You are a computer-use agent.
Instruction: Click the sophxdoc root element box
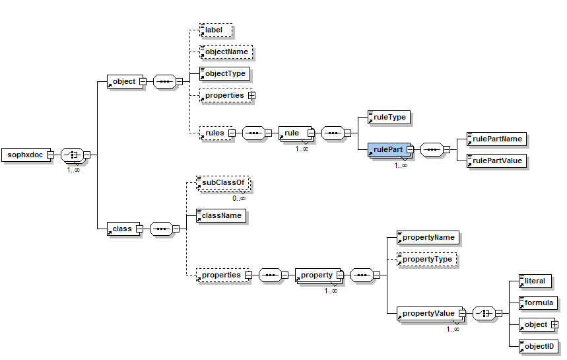click(x=25, y=155)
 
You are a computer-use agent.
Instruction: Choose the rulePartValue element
click(x=496, y=161)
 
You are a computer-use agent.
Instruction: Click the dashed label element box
click(x=215, y=30)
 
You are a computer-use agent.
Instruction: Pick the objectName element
click(x=226, y=52)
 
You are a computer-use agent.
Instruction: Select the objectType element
click(x=225, y=73)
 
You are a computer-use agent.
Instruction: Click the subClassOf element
click(x=224, y=183)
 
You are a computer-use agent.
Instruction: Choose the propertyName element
click(x=427, y=237)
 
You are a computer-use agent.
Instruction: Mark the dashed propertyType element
click(x=426, y=259)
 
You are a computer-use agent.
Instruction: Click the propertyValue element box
click(x=428, y=313)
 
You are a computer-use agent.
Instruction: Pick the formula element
click(x=537, y=303)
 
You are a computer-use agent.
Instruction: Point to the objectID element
click(x=537, y=346)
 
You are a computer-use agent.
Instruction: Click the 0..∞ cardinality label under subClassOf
click(x=238, y=198)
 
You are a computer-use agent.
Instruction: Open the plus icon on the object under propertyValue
click(x=554, y=324)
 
